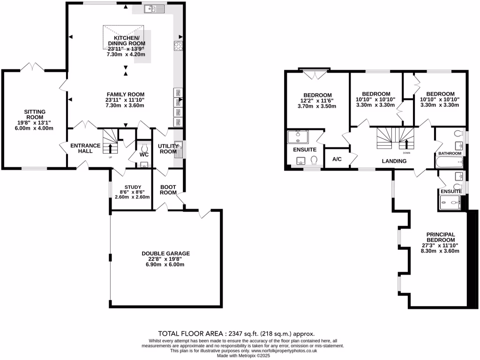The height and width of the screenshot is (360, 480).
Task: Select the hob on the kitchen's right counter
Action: pyautogui.click(x=179, y=45)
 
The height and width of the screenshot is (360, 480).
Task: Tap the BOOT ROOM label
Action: pyautogui.click(x=168, y=189)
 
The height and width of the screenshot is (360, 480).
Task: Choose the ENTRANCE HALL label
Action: pyautogui.click(x=85, y=149)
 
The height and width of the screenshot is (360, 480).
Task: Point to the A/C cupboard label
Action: pyautogui.click(x=337, y=159)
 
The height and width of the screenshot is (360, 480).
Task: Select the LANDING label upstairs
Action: pyautogui.click(x=394, y=161)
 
